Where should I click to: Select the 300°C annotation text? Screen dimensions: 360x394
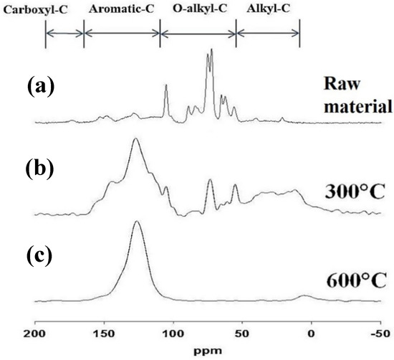(x=356, y=192)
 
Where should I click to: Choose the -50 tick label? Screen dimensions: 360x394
(x=378, y=334)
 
